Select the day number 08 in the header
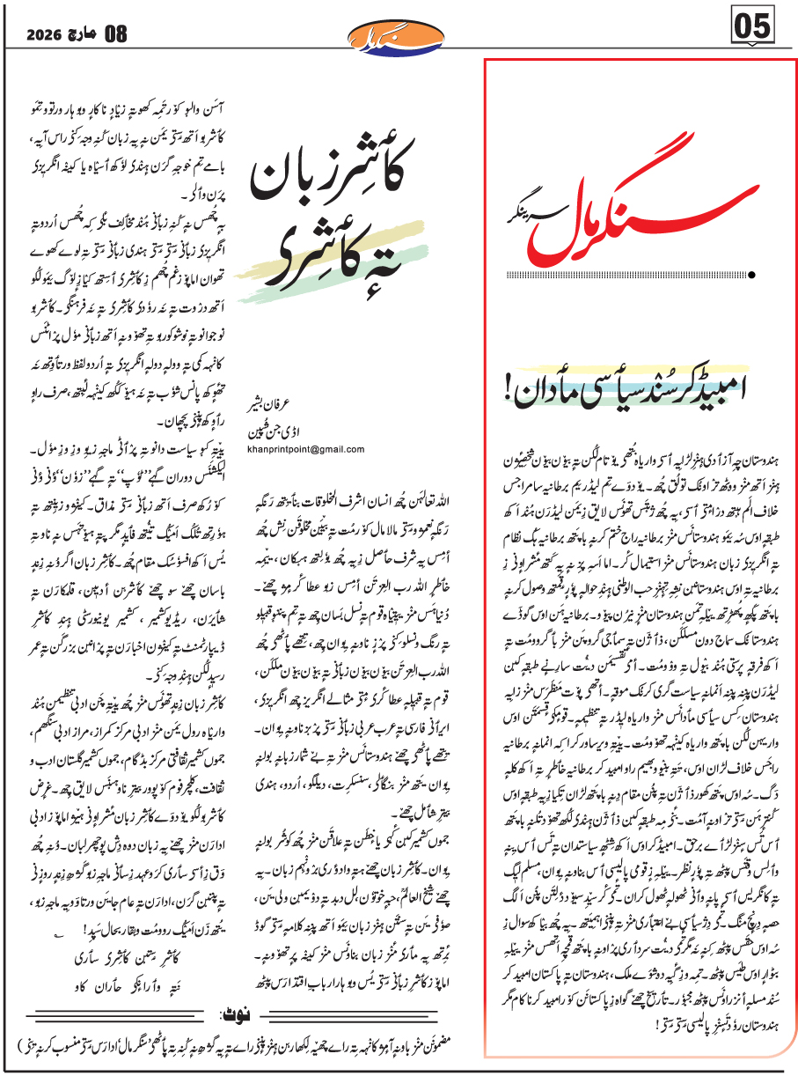(x=115, y=34)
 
